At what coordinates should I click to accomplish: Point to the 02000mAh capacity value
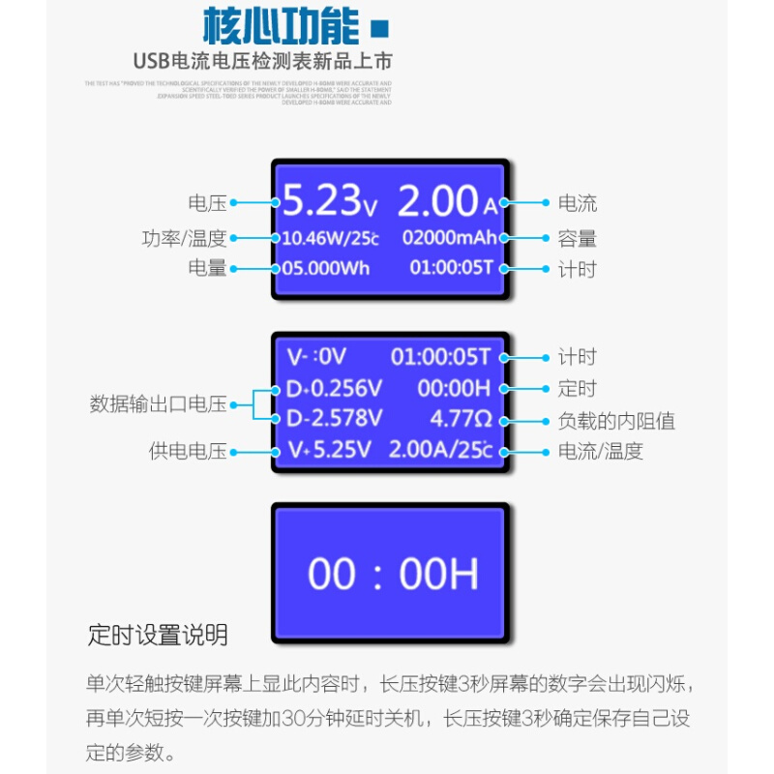pos(449,237)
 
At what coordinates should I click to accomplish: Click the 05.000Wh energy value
pos(325,268)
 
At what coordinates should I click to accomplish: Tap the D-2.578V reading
pos(334,418)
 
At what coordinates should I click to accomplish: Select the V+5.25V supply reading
pos(329,449)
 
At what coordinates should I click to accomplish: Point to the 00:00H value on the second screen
pos(454,388)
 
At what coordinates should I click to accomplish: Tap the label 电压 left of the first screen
pos(207,203)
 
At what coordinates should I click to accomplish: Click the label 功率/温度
pos(184,238)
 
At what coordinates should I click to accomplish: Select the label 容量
pos(578,238)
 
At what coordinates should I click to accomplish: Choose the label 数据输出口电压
pos(158,404)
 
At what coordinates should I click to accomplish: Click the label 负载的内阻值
pos(616,421)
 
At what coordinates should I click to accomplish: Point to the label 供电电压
pos(188,451)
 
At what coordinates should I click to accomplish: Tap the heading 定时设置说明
pos(158,636)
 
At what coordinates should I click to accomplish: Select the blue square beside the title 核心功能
pos(380,27)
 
